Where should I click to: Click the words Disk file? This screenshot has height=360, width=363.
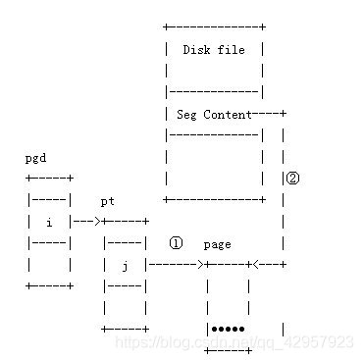click(x=214, y=50)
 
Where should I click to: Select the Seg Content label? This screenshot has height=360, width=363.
click(x=214, y=115)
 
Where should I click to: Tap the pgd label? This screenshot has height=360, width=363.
click(x=35, y=158)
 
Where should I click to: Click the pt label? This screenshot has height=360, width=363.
click(x=108, y=201)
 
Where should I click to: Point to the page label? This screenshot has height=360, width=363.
click(x=217, y=244)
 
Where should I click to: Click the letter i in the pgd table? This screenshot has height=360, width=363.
click(x=48, y=223)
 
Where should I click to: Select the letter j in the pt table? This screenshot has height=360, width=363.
click(x=125, y=265)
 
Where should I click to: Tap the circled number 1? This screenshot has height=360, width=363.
click(x=176, y=242)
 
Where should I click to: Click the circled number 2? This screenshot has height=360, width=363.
click(x=292, y=179)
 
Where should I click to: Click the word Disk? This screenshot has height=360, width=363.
click(x=196, y=50)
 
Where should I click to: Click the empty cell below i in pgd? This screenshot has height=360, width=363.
click(x=48, y=265)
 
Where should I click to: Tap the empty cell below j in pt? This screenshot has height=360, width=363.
click(x=125, y=307)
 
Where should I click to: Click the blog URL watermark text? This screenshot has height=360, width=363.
click(x=234, y=342)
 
